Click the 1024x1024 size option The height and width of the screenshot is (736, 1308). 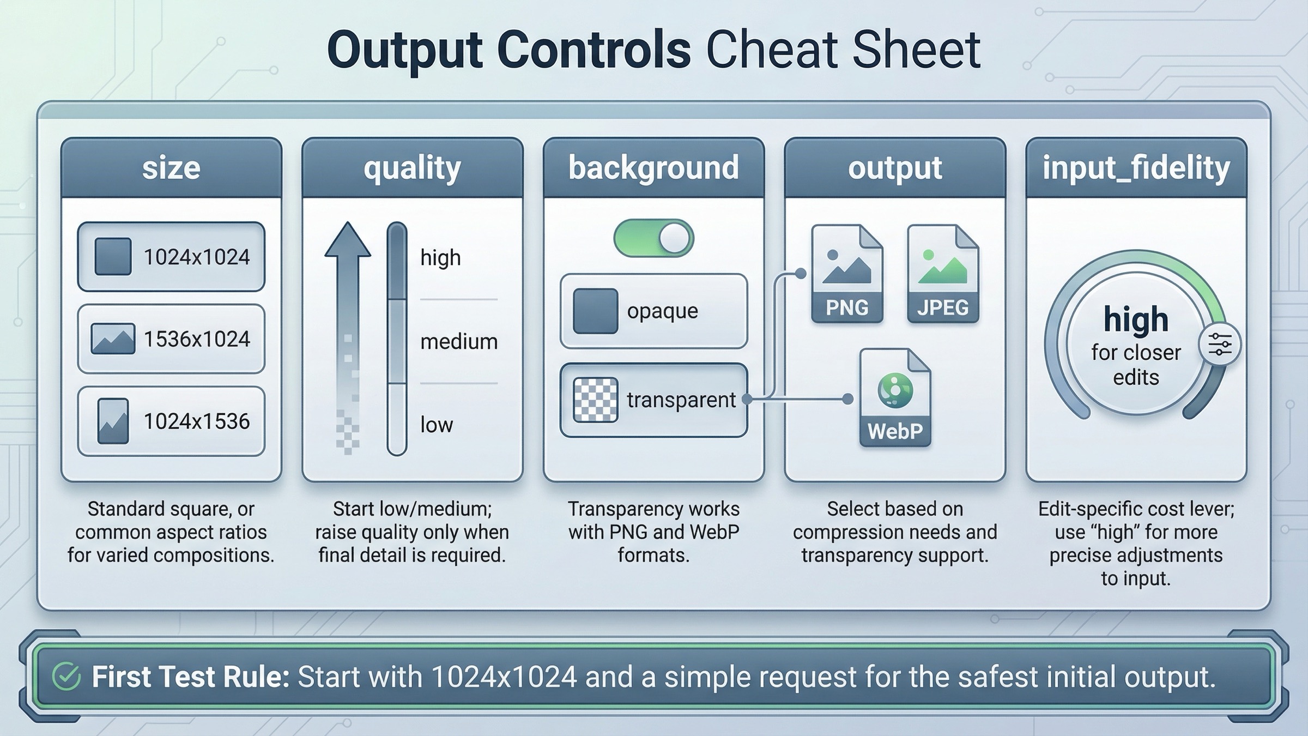(171, 257)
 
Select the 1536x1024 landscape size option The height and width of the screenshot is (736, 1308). (171, 339)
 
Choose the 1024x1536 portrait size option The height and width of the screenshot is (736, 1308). (171, 421)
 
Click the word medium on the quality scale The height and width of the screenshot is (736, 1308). (459, 342)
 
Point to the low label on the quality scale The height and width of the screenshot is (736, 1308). (437, 425)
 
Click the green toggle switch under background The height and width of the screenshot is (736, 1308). (653, 238)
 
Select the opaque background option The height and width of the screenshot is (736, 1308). (653, 311)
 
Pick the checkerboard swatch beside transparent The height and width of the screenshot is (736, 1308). (596, 400)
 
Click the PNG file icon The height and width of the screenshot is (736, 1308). (847, 274)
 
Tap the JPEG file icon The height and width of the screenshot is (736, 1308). (943, 274)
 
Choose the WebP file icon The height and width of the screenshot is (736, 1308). (895, 398)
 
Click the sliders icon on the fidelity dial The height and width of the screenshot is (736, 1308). (1220, 345)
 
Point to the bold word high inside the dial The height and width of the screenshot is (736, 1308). (1136, 319)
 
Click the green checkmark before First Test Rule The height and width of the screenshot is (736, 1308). (66, 677)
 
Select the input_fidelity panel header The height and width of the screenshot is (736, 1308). (1136, 168)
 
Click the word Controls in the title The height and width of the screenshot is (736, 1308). (594, 50)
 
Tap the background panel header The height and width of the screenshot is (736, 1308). (653, 168)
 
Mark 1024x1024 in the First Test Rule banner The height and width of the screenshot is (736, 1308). (504, 677)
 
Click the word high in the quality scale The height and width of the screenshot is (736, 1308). (440, 258)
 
